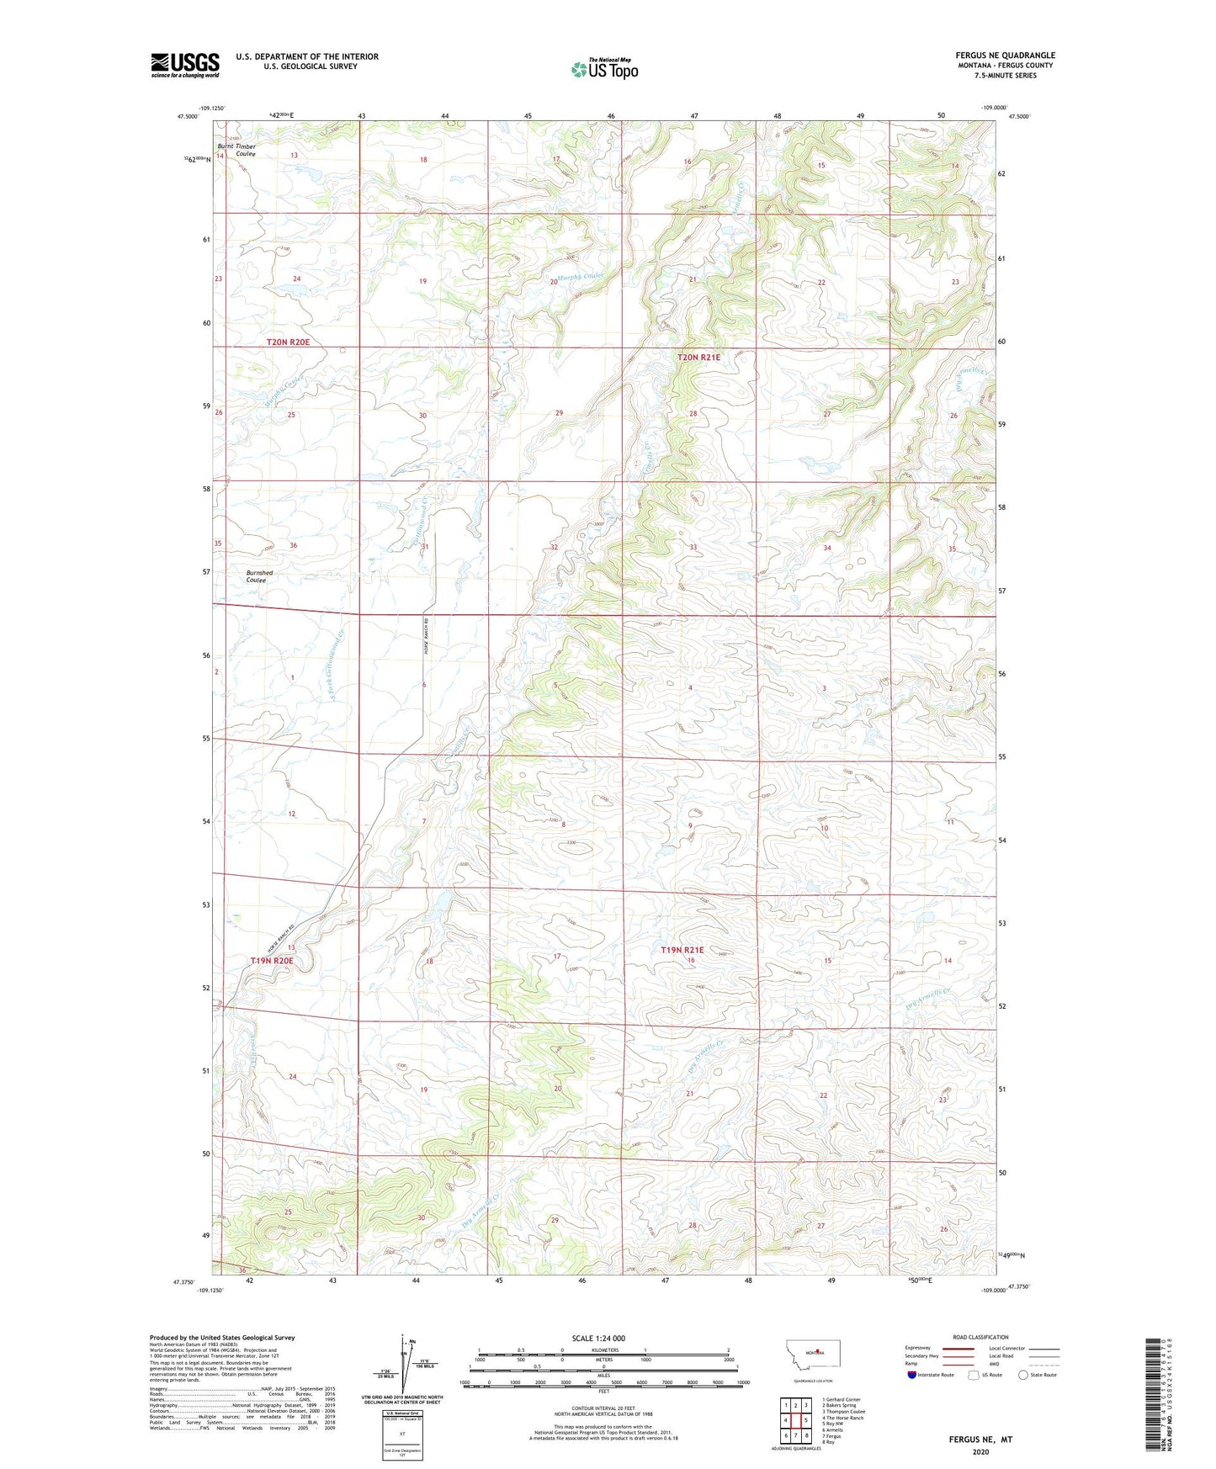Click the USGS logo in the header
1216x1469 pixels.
pyautogui.click(x=185, y=65)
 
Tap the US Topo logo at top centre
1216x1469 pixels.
pyautogui.click(x=604, y=69)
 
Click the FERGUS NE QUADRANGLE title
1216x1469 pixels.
pyautogui.click(x=1005, y=56)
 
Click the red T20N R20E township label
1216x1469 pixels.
pyautogui.click(x=288, y=342)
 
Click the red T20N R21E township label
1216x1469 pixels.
pyautogui.click(x=698, y=358)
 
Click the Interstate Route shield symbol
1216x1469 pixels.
pyautogui.click(x=912, y=1375)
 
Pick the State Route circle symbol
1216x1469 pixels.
pyautogui.click(x=1023, y=1375)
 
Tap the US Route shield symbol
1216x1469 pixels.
pyautogui.click(x=974, y=1375)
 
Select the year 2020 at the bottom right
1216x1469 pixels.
pyautogui.click(x=980, y=1451)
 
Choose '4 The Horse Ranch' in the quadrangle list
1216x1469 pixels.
pyautogui.click(x=842, y=1418)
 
